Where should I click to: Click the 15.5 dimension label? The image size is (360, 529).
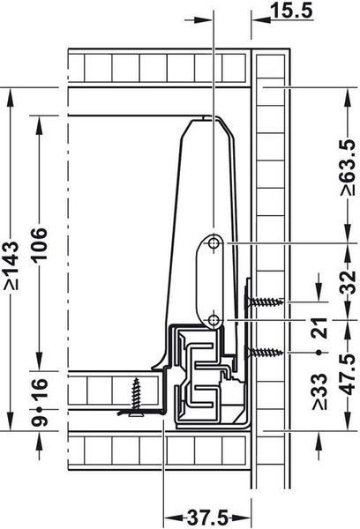292,11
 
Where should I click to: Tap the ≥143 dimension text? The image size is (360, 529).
11,265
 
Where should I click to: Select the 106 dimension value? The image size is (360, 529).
38,243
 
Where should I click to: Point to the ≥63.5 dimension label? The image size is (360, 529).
349,168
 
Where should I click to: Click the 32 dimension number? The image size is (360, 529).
349,282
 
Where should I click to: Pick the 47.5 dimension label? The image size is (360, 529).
349,374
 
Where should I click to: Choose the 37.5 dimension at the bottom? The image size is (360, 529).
207,518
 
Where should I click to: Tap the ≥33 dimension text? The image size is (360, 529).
319,391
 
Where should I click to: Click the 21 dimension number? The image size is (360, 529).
319,328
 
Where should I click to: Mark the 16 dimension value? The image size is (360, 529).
38,389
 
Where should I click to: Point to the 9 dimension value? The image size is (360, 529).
38,421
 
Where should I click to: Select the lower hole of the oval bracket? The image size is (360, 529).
214,319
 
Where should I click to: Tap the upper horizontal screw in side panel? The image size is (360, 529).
264,302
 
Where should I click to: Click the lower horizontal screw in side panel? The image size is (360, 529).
264,353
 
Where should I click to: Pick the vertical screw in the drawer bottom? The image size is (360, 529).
137,398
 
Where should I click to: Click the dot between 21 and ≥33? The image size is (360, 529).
319,353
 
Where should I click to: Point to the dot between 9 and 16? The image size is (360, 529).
39,409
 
